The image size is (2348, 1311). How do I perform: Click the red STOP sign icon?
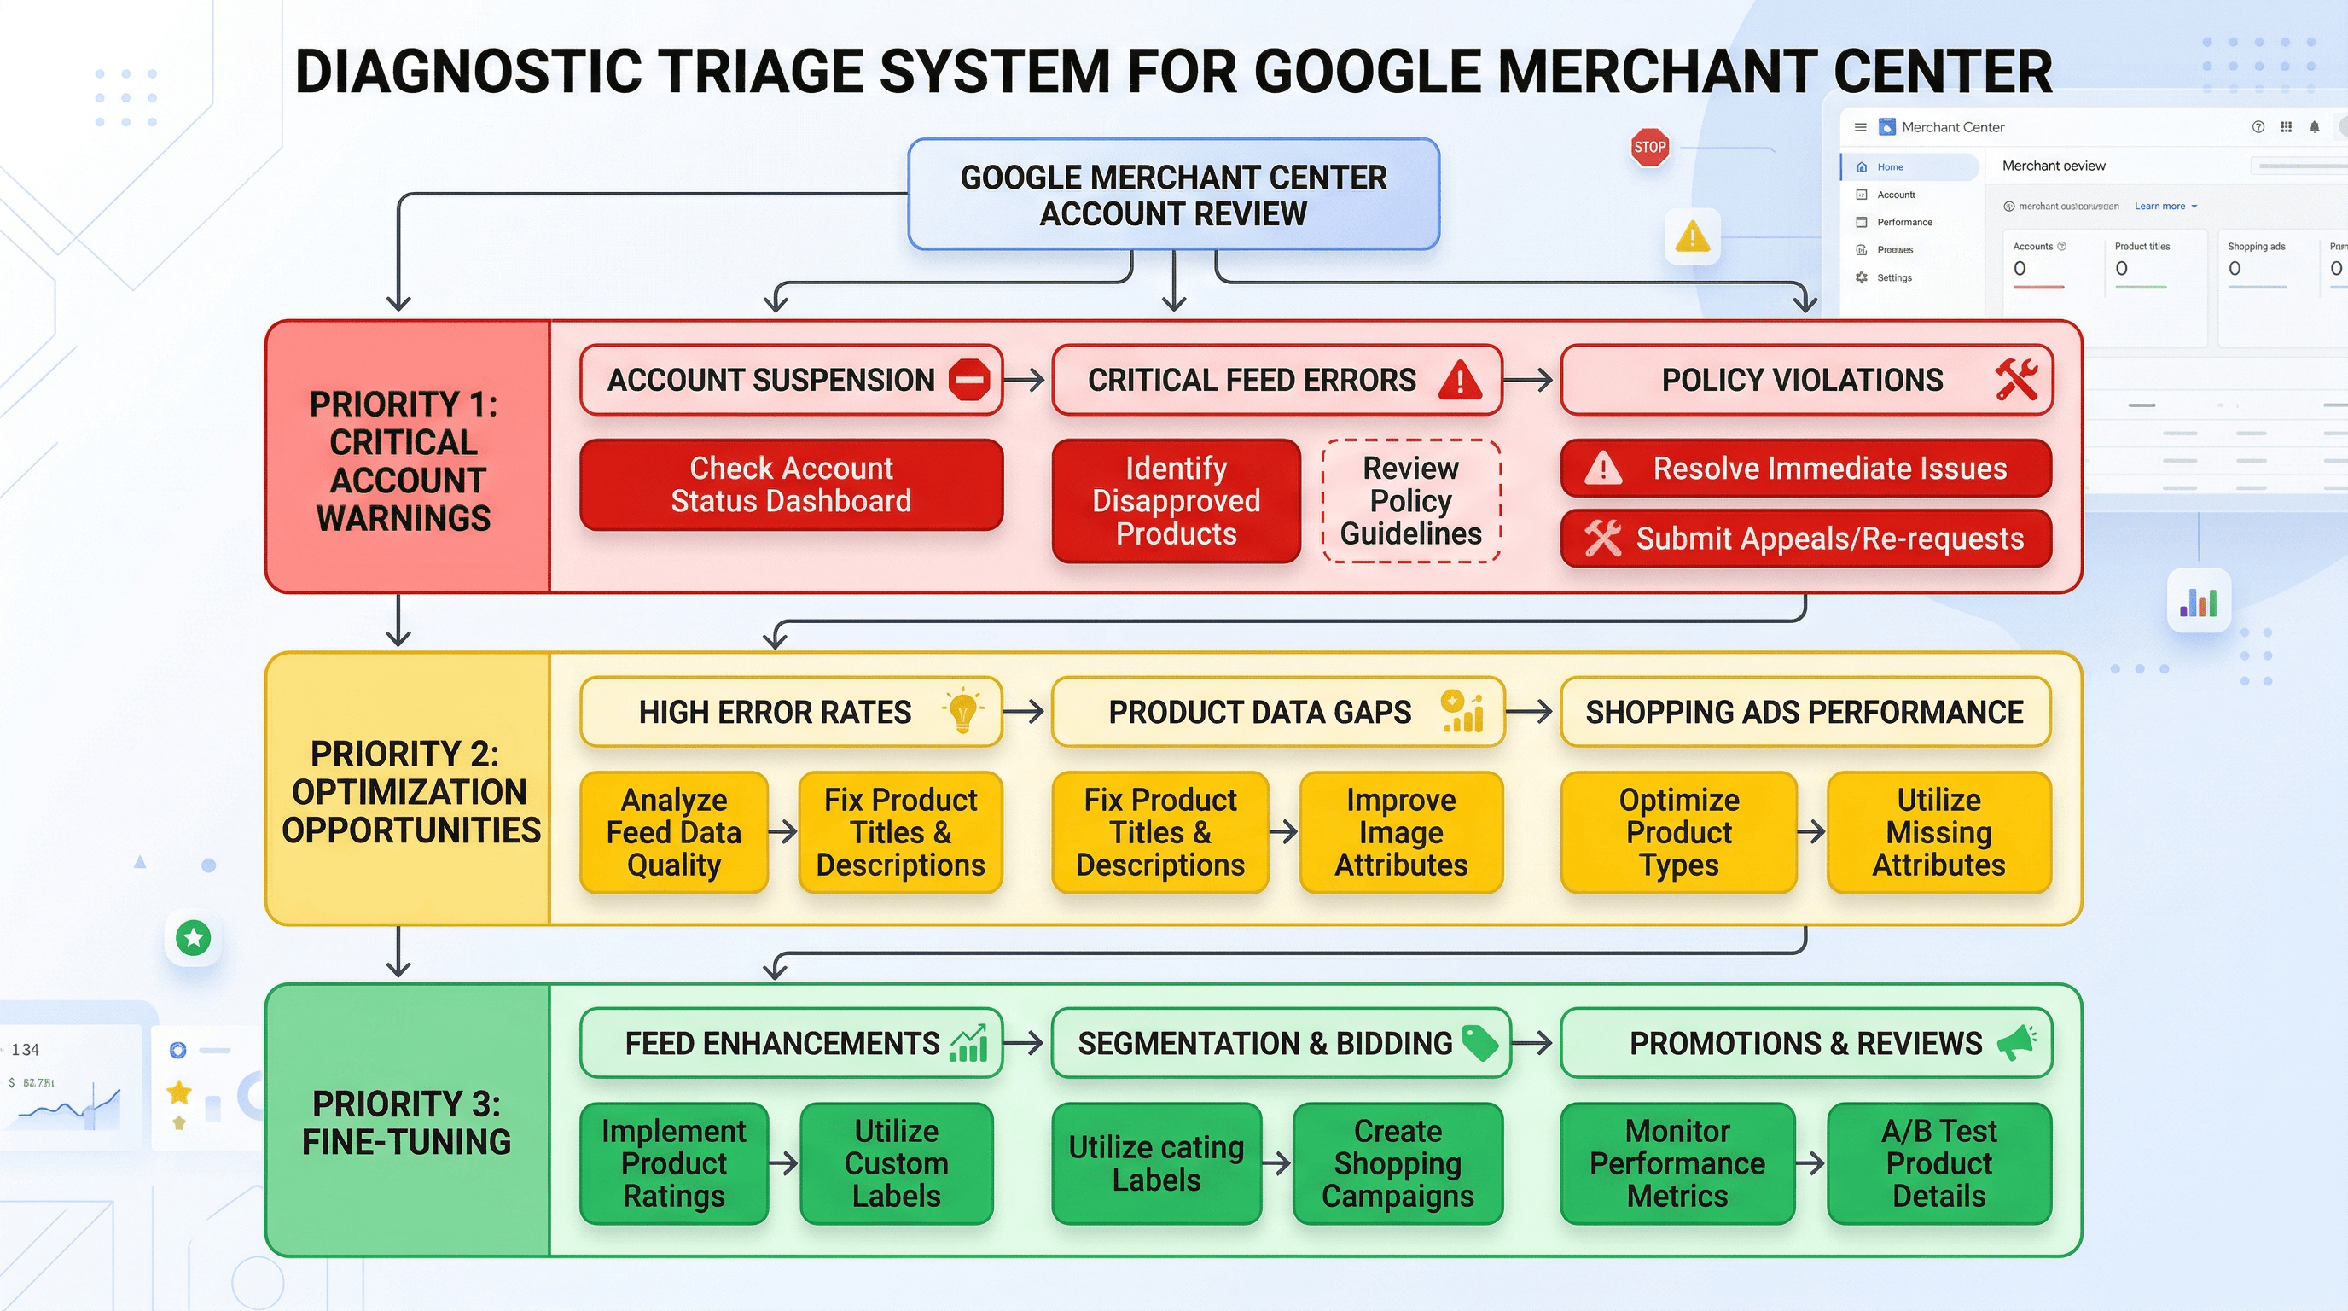pos(1649,147)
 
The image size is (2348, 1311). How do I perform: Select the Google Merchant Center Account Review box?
pos(1173,195)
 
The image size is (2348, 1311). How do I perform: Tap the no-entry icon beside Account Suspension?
pos(968,379)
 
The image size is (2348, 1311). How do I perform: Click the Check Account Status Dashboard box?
pos(790,484)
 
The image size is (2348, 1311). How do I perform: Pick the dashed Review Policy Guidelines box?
pos(1410,500)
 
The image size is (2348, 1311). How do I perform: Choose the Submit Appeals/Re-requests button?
pos(1805,538)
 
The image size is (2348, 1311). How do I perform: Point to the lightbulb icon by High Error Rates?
pos(962,710)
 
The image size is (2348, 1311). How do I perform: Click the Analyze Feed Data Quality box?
pos(673,831)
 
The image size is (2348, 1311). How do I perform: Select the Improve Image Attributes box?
pos(1400,831)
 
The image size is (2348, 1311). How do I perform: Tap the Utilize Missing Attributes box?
pos(1938,831)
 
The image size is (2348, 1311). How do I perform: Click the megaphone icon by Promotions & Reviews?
pos(2016,1041)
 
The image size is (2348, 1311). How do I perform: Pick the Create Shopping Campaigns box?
pos(1397,1162)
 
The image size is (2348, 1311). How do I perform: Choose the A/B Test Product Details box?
pos(1938,1162)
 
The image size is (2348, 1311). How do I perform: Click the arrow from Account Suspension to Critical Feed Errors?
pos(1026,379)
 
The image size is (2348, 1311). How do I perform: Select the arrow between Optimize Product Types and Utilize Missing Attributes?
pos(1811,831)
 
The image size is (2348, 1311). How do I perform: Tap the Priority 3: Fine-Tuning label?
pos(406,1122)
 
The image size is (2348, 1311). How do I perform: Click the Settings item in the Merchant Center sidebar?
pos(1893,277)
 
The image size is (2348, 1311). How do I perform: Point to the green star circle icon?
pos(193,937)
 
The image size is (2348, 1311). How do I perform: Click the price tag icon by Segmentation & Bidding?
pos(1479,1042)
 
